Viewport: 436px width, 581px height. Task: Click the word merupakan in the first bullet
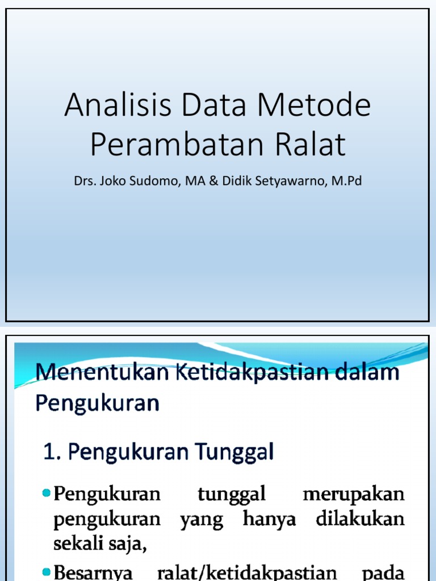coord(354,494)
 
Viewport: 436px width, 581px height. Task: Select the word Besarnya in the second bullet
coord(93,572)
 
